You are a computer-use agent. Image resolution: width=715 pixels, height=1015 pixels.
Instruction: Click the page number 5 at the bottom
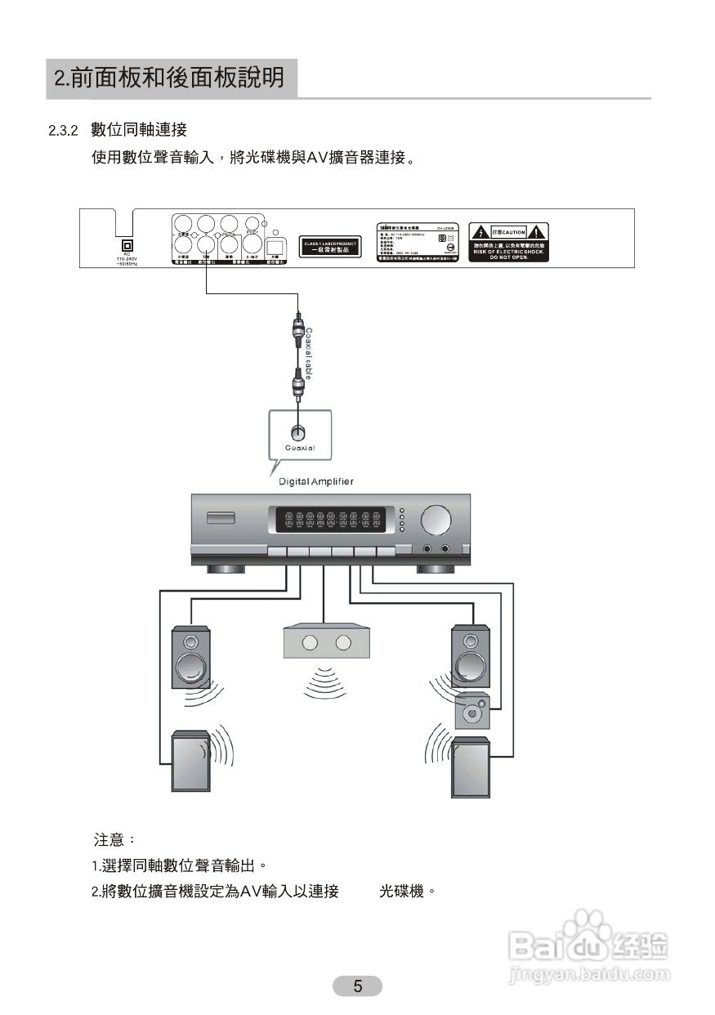click(357, 986)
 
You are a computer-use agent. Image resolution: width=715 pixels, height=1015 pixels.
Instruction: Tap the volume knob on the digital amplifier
click(436, 520)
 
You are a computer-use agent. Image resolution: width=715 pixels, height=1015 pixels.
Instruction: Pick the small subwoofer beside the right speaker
click(472, 710)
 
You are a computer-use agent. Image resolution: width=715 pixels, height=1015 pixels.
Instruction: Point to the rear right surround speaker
click(471, 766)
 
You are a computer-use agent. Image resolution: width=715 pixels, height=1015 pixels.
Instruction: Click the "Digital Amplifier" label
click(316, 481)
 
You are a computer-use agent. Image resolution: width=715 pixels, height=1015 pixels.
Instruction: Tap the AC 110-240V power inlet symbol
click(127, 244)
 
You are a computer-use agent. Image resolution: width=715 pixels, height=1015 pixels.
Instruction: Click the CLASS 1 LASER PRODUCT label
click(331, 246)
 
